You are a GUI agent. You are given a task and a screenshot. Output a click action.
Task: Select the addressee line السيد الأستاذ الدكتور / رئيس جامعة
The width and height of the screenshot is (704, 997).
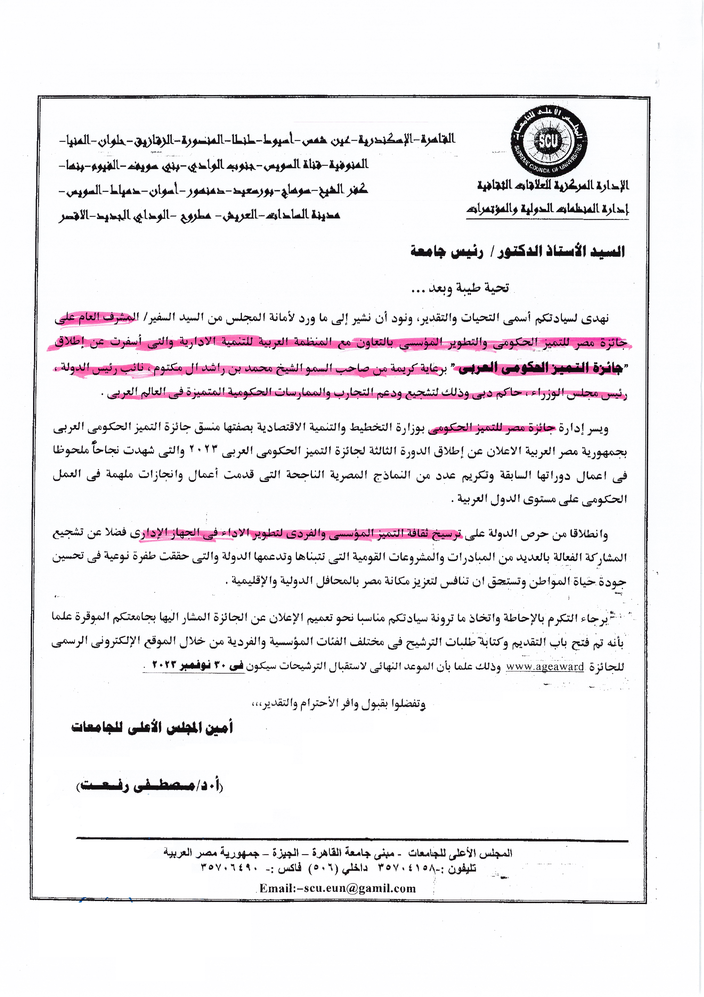pos(517,251)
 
